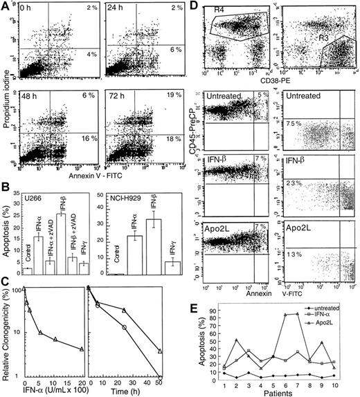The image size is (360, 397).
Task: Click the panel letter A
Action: (x=6, y=6)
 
